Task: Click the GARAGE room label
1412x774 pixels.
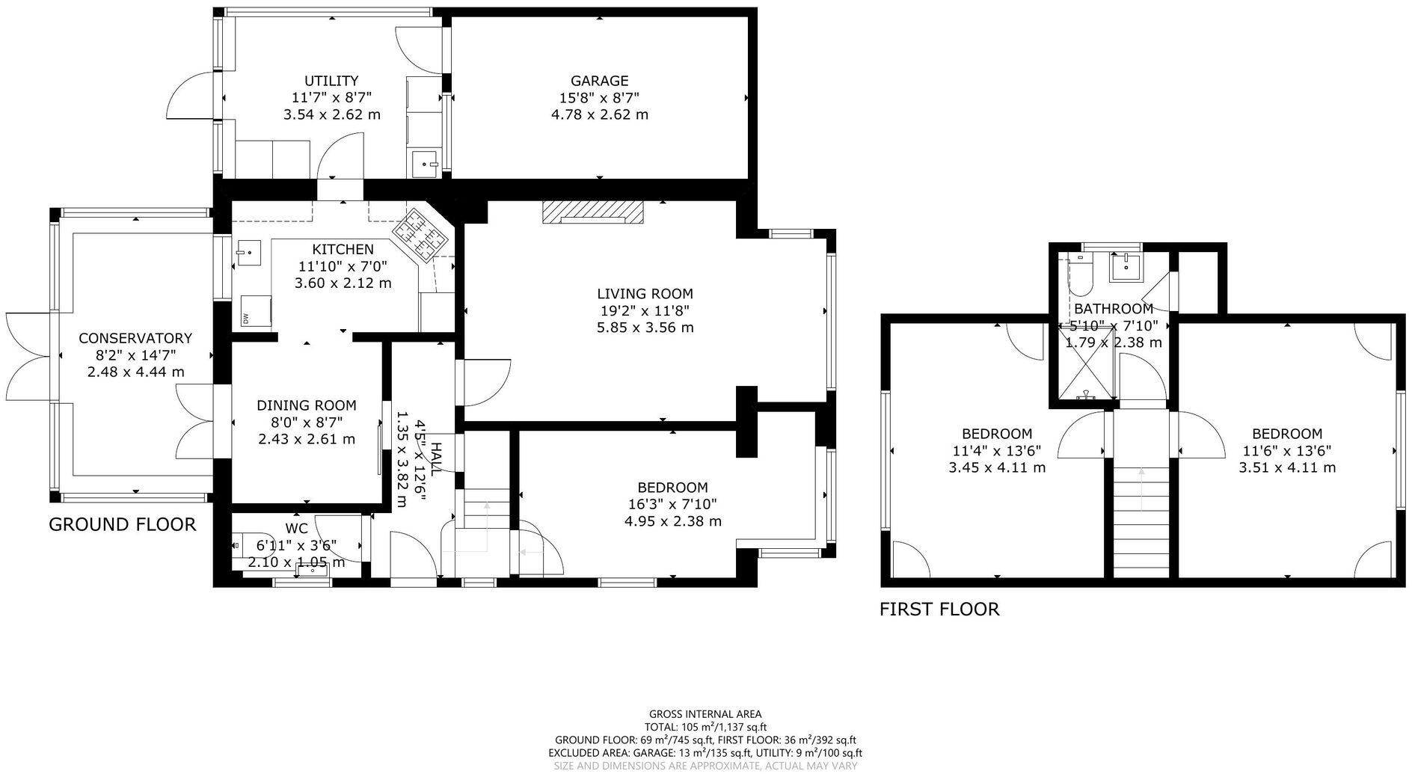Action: (x=599, y=81)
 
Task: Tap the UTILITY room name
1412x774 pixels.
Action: (x=331, y=81)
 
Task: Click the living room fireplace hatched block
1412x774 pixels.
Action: (x=592, y=212)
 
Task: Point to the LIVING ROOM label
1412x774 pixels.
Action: (x=645, y=294)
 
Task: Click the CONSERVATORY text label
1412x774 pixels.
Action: (x=135, y=338)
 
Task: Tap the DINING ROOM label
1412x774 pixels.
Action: (x=306, y=405)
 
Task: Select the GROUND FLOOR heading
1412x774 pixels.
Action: (x=122, y=525)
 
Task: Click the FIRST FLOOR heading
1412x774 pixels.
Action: (x=939, y=609)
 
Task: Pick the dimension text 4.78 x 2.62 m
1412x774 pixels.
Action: (x=599, y=115)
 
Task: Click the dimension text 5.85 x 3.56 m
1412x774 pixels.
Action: (x=645, y=328)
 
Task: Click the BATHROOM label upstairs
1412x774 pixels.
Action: (x=1113, y=309)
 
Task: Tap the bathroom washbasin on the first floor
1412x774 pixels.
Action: (x=1125, y=265)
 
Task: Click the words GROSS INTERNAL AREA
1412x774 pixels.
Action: (x=705, y=714)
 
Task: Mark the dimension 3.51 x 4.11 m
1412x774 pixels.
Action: (x=1287, y=468)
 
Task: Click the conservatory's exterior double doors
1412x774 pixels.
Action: (x=28, y=350)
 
